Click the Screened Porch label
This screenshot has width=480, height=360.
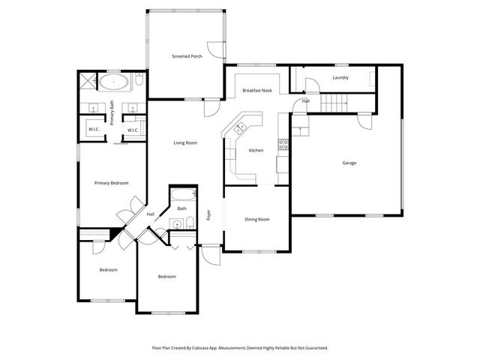187,56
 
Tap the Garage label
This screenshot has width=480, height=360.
349,163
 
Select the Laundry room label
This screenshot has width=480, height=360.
340,77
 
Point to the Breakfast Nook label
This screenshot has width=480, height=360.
256,91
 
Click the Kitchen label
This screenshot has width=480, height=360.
256,151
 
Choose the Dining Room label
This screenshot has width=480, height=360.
256,219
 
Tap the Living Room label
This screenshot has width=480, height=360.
185,142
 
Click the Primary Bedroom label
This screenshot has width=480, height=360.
111,183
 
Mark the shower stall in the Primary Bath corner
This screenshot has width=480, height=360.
88,80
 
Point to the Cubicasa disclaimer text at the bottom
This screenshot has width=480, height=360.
240,348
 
